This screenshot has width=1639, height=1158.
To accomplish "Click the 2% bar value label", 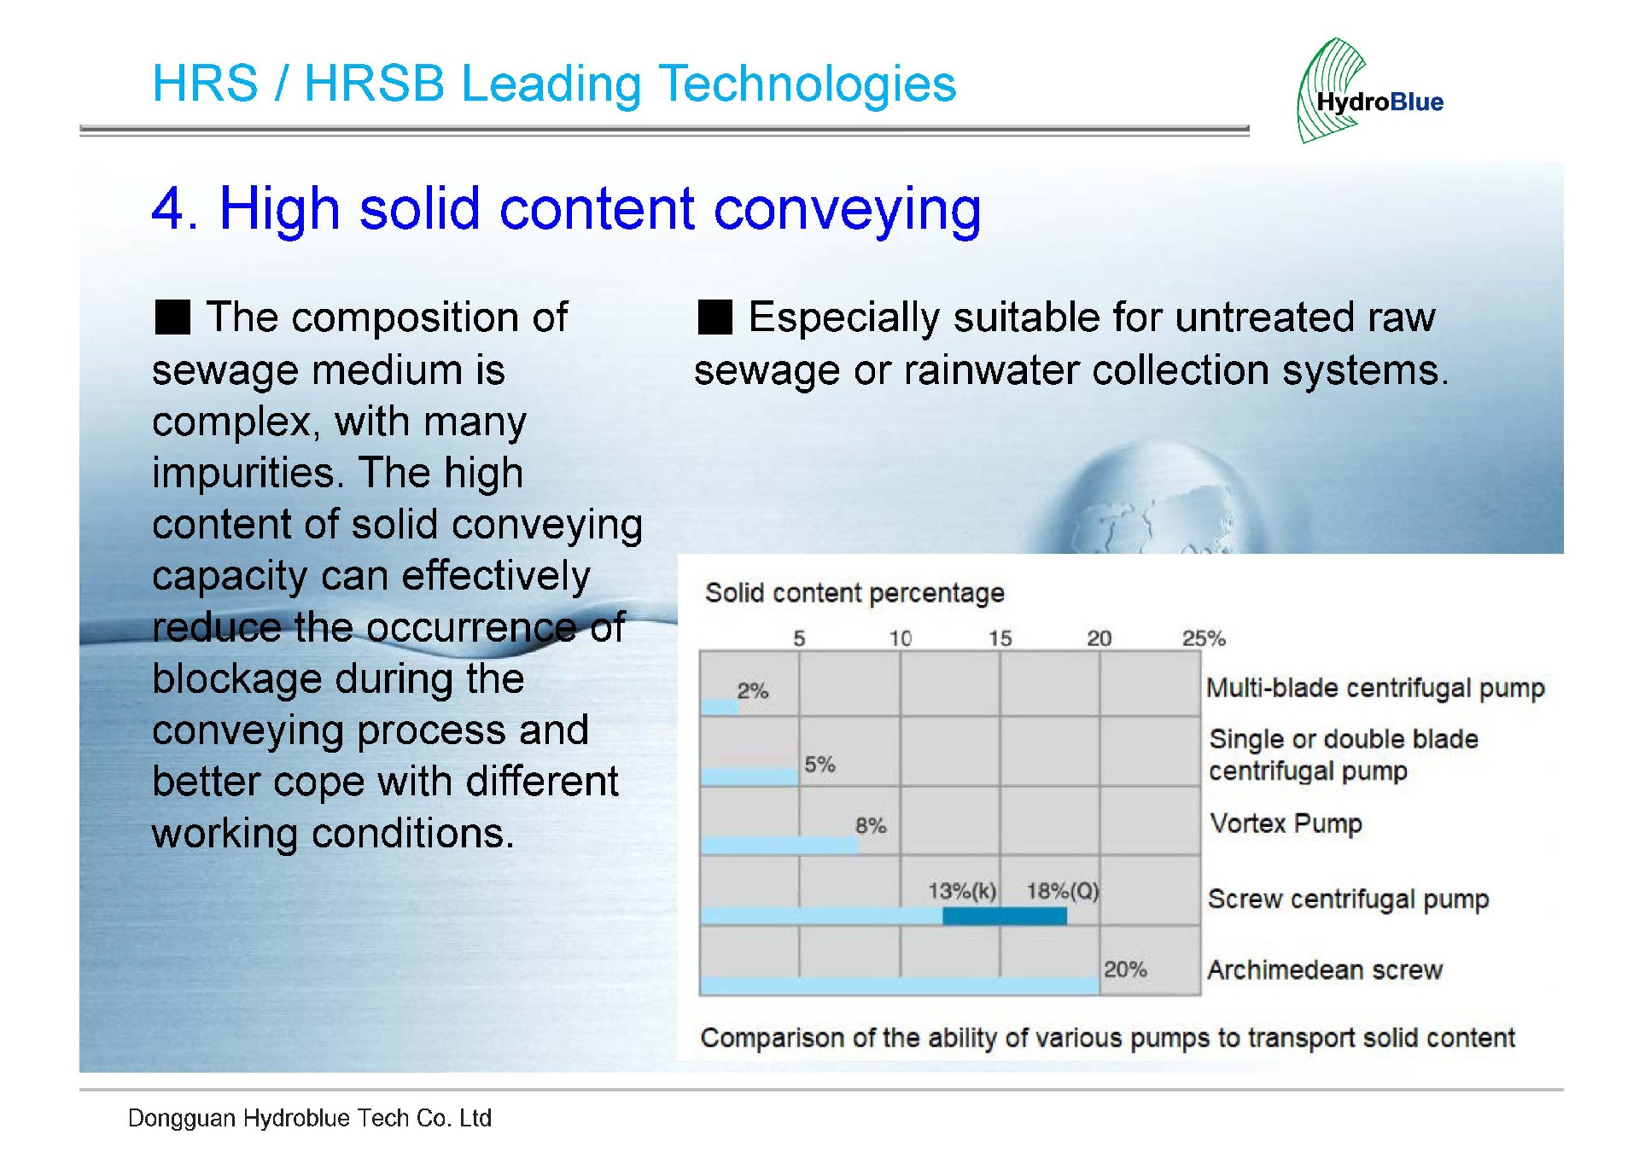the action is (x=753, y=690).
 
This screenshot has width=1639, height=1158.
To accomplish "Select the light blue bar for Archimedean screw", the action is (x=900, y=986).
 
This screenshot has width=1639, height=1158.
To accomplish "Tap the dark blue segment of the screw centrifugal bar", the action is (x=1005, y=916).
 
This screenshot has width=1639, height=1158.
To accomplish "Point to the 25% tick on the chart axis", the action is (x=1204, y=638).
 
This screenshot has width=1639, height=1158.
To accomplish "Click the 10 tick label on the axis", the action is (x=901, y=638).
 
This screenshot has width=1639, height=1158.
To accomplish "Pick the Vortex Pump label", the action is (x=1286, y=823).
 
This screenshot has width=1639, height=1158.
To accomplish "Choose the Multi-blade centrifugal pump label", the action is (x=1375, y=688).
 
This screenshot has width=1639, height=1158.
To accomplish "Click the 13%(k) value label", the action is (x=962, y=892).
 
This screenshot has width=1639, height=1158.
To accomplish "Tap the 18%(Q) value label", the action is (x=1063, y=892).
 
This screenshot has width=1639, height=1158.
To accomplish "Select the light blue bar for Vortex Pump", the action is (x=779, y=845).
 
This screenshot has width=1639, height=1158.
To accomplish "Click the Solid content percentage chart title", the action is (x=854, y=593).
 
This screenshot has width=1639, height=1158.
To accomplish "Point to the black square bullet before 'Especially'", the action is (x=715, y=317).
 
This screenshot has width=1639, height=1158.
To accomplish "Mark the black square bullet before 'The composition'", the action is (x=172, y=317).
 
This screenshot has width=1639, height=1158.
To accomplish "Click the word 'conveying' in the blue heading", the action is (x=848, y=210).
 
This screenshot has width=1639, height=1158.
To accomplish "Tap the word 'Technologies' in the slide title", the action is (x=808, y=84).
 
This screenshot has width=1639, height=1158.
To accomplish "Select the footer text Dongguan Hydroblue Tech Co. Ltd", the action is (x=310, y=1118).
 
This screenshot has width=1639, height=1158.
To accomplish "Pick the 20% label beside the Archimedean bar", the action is (x=1125, y=969).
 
